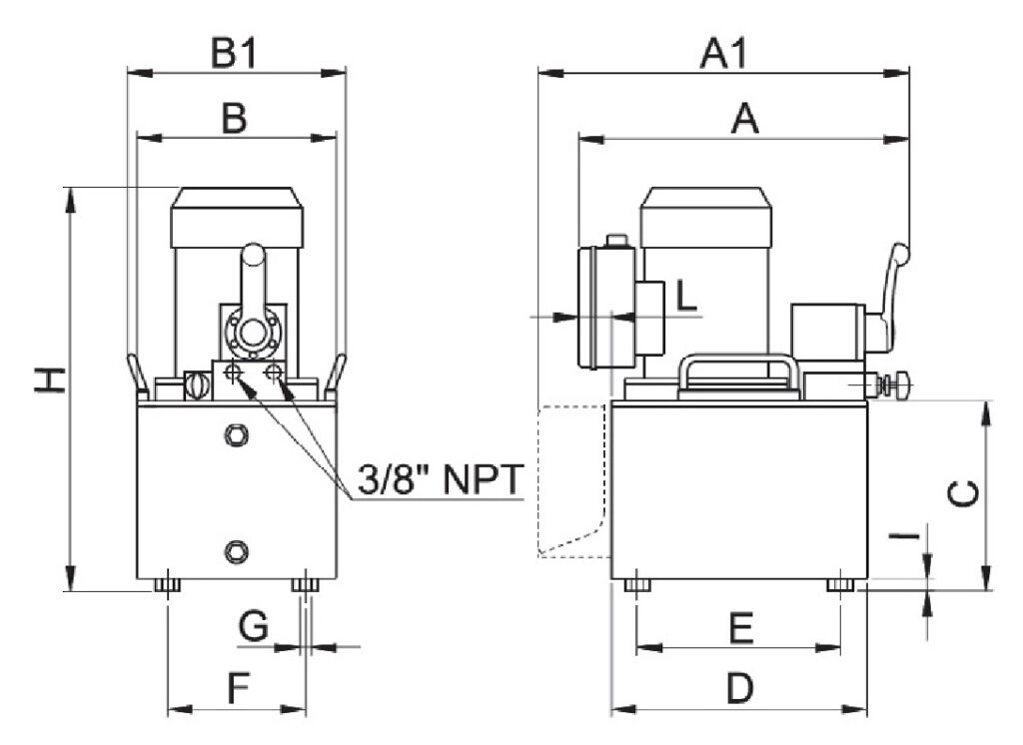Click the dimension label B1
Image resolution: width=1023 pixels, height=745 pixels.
[235, 52]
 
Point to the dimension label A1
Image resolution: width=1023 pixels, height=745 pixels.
[724, 53]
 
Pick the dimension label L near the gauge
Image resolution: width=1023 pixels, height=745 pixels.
[685, 296]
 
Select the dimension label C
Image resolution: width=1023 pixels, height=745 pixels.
[961, 494]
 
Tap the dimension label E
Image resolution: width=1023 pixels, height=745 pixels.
[740, 628]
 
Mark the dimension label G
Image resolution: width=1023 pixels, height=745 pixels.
[254, 627]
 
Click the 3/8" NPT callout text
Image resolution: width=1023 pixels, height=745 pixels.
[440, 480]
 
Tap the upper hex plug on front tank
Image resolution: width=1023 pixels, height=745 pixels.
[236, 435]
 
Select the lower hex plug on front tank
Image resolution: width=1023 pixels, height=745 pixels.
[236, 548]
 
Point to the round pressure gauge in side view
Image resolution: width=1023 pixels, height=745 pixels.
[596, 307]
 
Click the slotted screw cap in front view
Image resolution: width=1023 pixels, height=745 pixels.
[198, 383]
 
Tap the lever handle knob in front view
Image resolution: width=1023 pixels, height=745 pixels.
[255, 258]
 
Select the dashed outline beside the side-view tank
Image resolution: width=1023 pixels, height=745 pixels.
[571, 479]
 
